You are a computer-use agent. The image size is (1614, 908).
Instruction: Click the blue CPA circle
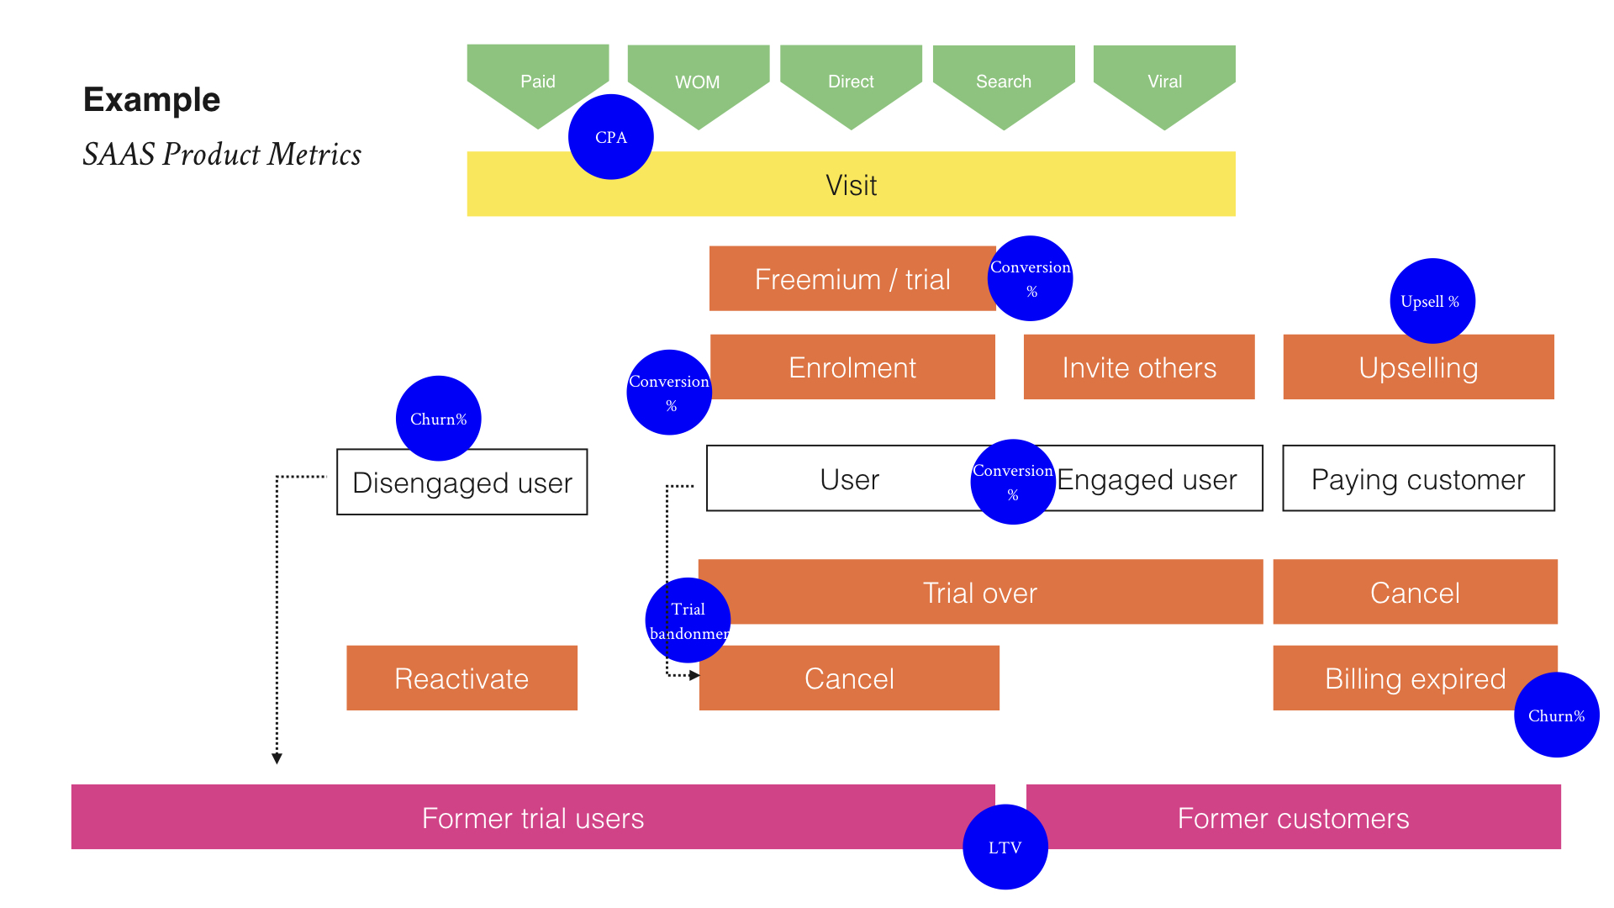611,137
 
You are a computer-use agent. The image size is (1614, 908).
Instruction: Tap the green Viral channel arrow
1164,82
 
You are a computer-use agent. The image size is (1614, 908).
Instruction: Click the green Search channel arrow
1004,82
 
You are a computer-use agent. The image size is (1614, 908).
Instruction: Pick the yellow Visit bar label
851,185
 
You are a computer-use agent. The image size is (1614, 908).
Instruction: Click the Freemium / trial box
852,279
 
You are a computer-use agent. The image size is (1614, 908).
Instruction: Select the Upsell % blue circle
1432,301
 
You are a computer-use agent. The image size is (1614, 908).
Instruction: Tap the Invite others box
1139,367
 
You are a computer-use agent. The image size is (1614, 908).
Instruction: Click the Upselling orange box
1418,367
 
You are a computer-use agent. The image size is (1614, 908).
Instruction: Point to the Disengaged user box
462,483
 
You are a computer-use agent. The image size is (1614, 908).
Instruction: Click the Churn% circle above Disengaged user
438,418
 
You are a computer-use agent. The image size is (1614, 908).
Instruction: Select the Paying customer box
1418,479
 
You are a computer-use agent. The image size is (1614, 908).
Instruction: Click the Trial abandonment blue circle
688,620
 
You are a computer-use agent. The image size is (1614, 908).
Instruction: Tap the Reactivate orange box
462,678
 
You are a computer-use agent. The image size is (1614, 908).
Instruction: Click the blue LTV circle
1005,847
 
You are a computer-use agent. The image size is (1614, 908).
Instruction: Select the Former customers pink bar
1293,818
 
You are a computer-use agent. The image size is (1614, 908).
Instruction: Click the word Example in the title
151,99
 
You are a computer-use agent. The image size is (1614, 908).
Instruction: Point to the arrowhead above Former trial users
277,758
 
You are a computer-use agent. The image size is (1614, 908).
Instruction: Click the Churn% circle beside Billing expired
1556,715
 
